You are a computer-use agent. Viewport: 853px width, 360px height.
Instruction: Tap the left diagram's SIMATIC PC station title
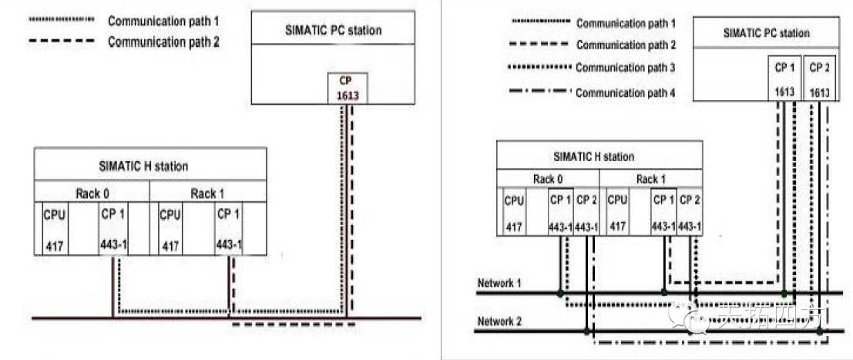point(333,30)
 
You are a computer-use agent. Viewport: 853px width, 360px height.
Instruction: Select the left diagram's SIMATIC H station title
point(143,165)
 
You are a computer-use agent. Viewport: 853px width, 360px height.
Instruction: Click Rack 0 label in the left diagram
point(93,193)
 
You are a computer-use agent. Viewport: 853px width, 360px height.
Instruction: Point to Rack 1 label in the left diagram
point(208,193)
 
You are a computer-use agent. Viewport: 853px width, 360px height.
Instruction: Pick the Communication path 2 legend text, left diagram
point(164,42)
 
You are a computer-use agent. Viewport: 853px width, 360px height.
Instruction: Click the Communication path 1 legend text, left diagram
point(164,19)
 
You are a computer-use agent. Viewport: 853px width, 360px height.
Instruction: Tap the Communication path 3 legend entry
point(625,68)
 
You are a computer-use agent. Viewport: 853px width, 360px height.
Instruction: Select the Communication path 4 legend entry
point(625,93)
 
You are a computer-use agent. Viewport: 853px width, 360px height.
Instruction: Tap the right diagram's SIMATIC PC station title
point(766,33)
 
